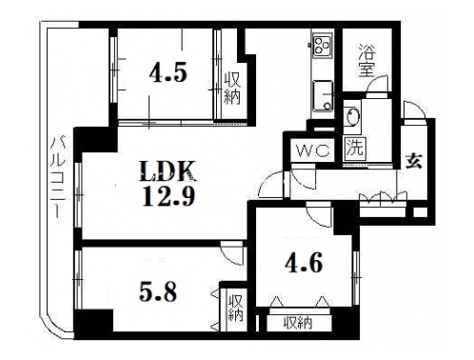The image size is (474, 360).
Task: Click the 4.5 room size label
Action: coord(168,73)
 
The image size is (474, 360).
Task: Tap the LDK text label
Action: coord(168,171)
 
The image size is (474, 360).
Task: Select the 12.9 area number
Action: coord(168,196)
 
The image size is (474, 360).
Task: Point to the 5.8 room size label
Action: coord(158,292)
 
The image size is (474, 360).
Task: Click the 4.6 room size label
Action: coord(304,263)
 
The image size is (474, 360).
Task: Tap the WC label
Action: coord(313,150)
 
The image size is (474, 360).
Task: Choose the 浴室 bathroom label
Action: coord(367,61)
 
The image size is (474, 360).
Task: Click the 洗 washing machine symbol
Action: coord(355,147)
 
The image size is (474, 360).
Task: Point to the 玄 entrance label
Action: coord(414,161)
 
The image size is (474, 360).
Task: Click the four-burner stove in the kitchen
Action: coord(322,46)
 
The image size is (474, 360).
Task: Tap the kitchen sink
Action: coord(323,96)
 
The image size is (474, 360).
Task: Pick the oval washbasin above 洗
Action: coord(352,116)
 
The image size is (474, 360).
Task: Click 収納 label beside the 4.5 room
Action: coord(232,89)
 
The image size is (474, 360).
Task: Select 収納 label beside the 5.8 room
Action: coord(236,309)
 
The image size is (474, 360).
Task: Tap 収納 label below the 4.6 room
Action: coord(298,323)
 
